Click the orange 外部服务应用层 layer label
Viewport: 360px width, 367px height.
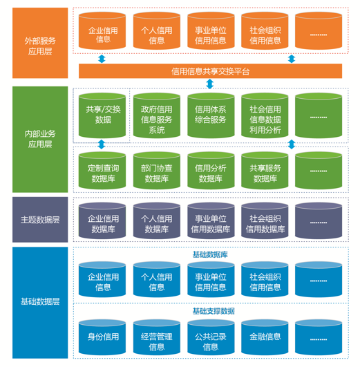[40, 43]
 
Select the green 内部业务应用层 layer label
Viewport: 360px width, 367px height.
[40, 139]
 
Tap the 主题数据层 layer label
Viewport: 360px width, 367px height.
[40, 220]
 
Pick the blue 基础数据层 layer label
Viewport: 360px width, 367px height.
[40, 303]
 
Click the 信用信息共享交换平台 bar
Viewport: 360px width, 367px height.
[210, 71]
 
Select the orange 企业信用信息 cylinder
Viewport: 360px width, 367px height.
[102, 31]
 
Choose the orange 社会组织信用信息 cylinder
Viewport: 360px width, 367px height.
[265, 31]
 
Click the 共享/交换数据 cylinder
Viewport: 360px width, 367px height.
[102, 115]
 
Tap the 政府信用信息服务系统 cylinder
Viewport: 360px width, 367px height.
[157, 115]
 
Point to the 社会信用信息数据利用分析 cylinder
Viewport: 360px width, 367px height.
[265, 115]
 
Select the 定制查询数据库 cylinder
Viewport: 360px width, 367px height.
[102, 171]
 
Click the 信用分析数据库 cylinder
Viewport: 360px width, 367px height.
[211, 171]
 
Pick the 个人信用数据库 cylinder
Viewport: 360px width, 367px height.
[157, 220]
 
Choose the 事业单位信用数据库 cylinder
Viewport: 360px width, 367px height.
[211, 220]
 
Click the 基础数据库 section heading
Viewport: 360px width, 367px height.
[210, 254]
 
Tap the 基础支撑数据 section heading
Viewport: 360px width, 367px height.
[214, 311]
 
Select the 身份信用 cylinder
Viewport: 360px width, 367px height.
[102, 338]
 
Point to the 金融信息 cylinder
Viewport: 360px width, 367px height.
[265, 338]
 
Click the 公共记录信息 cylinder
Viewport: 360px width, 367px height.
[211, 338]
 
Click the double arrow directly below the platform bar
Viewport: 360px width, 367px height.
[210, 84]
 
